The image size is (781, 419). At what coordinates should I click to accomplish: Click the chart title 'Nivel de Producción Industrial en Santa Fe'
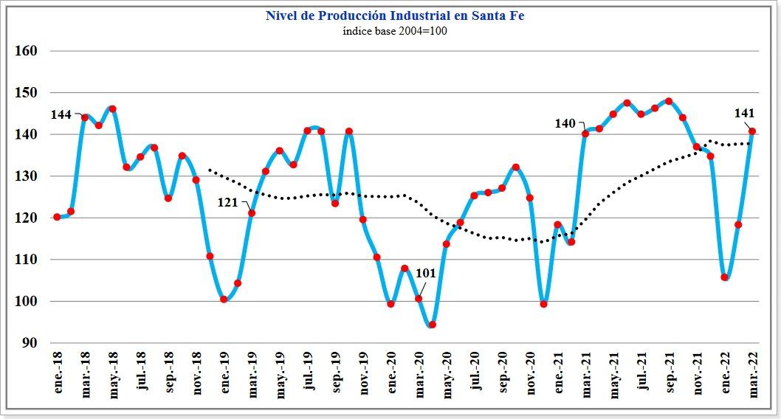(x=395, y=15)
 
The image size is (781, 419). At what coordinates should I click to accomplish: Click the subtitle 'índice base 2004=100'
(x=395, y=31)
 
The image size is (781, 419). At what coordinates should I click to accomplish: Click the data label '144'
(x=61, y=115)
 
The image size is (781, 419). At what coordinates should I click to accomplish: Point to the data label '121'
(x=227, y=203)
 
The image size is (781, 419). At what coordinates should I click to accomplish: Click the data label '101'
(x=426, y=273)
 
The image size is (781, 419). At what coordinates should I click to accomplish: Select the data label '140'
(x=565, y=123)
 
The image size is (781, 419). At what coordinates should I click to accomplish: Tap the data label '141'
(x=744, y=114)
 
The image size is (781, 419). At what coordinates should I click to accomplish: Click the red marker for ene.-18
(x=57, y=217)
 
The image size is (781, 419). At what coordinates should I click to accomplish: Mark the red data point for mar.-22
(x=752, y=131)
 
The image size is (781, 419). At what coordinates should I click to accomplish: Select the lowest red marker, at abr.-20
(x=433, y=325)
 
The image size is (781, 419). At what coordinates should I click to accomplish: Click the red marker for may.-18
(x=112, y=109)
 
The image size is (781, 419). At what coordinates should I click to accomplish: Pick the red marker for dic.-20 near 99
(x=544, y=304)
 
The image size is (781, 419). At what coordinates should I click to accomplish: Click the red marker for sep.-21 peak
(x=669, y=101)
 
